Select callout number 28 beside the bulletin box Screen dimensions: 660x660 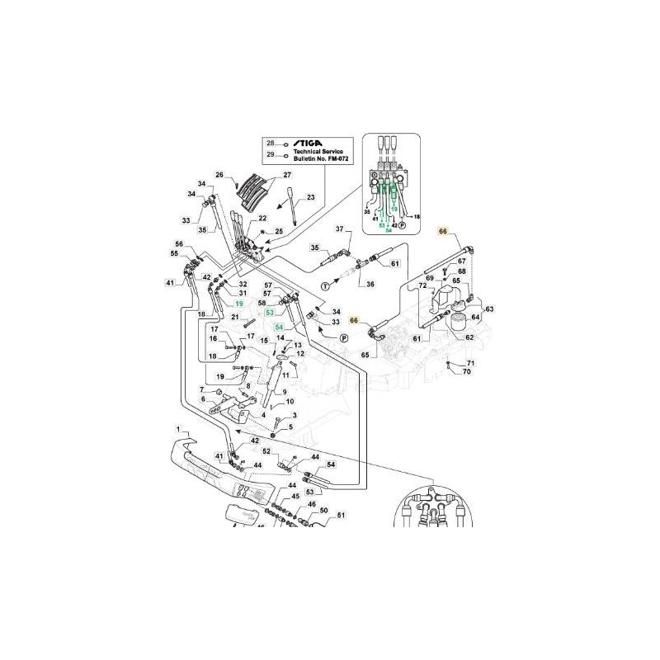(x=270, y=144)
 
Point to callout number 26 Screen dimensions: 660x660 (x=220, y=175)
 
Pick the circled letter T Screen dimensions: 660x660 (x=324, y=285)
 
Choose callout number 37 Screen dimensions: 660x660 (x=338, y=228)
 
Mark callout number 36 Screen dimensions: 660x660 (x=369, y=284)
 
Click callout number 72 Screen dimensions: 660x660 (x=422, y=285)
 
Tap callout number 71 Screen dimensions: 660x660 (x=471, y=363)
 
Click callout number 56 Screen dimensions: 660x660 (x=178, y=244)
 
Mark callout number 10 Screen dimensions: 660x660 (x=290, y=402)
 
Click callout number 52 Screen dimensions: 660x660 (x=266, y=451)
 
